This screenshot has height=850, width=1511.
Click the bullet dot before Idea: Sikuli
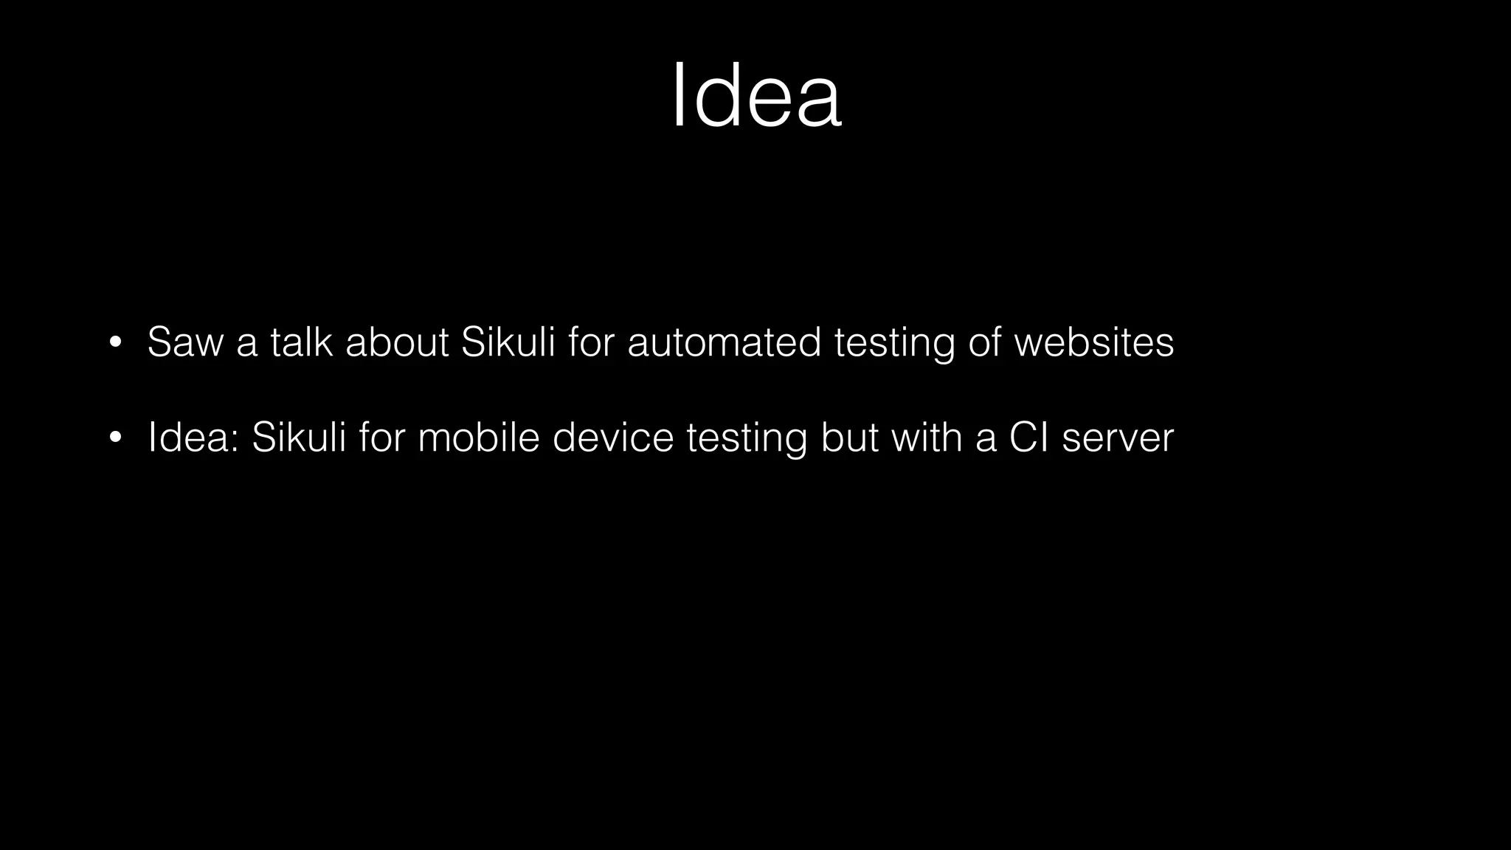tap(114, 438)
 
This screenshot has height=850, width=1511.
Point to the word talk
tap(301, 342)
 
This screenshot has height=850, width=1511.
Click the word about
tap(397, 342)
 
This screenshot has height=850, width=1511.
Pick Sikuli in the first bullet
tap(508, 342)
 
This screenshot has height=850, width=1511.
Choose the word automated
tap(724, 342)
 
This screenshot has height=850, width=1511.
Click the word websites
tap(1094, 342)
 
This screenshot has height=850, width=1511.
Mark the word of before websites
tap(984, 342)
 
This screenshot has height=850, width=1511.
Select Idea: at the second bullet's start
tap(193, 438)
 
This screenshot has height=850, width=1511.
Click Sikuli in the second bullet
tap(299, 438)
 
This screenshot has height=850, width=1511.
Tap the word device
tap(613, 438)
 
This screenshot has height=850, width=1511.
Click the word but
tap(849, 438)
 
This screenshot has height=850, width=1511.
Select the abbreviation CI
tap(1028, 438)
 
